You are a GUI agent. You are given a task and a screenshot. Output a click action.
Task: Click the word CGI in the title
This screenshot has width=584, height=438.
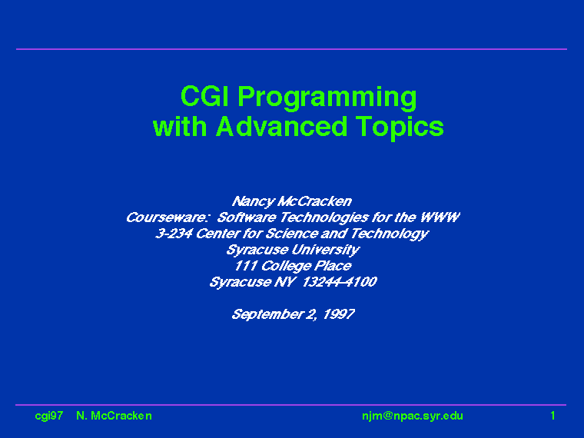point(204,96)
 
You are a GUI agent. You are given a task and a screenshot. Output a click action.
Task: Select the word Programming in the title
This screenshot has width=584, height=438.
point(327,98)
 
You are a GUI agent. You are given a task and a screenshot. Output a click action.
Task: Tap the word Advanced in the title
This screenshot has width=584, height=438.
point(281,126)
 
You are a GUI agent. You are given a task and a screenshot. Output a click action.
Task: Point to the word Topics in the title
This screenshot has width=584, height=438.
point(400,128)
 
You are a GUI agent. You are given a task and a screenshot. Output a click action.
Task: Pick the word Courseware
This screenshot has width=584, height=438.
point(167,217)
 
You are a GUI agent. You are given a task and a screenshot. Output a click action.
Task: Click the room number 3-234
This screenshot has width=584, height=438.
point(174,233)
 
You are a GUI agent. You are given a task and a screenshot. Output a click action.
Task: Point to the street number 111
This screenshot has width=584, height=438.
point(245,266)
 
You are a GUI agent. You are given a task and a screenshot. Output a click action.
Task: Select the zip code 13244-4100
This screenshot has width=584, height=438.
point(340,281)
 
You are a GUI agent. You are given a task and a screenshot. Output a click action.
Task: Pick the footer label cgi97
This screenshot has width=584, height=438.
point(48,416)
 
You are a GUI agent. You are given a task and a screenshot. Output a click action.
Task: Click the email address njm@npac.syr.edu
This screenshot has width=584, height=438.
point(413,416)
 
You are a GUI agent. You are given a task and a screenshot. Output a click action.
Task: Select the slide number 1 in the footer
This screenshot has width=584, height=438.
point(552,415)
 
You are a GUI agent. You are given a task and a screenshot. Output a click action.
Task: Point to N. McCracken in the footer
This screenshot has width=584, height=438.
point(114,416)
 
